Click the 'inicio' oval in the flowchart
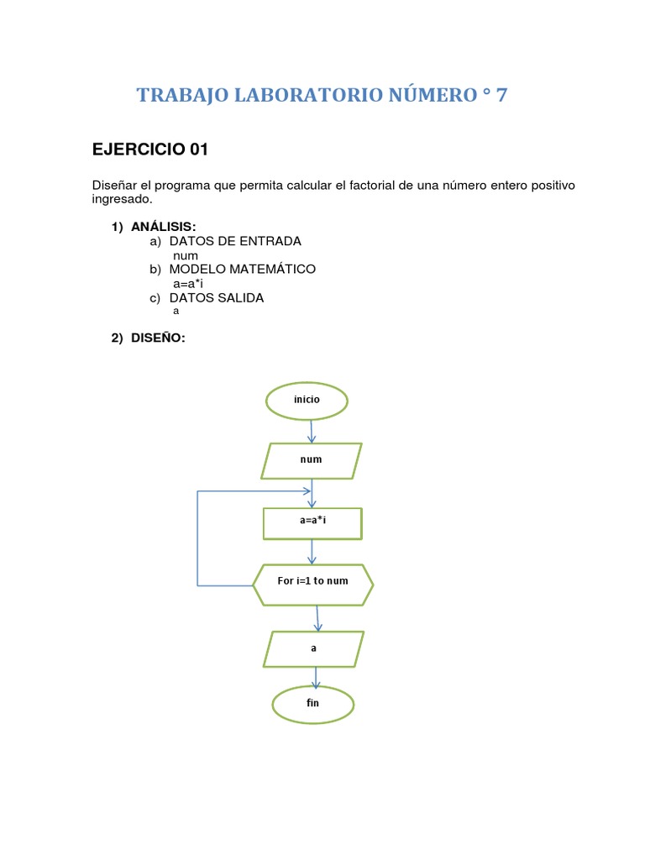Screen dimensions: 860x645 click(x=307, y=400)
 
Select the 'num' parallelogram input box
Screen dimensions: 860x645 click(x=312, y=460)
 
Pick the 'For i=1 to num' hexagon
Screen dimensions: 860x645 click(x=312, y=581)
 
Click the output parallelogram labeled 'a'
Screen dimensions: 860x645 click(x=314, y=648)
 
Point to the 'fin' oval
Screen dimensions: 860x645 click(x=313, y=703)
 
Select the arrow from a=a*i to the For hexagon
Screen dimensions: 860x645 click(x=312, y=551)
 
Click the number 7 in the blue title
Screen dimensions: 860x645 click(x=501, y=96)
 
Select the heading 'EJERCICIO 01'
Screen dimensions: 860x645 click(x=149, y=150)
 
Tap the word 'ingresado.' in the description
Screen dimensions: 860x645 click(x=123, y=200)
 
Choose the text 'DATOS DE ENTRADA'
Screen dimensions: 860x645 click(x=235, y=242)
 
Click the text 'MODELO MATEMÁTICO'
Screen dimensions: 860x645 click(x=242, y=270)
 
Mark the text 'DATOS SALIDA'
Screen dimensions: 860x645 click(x=217, y=298)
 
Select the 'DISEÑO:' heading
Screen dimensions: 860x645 click(x=157, y=338)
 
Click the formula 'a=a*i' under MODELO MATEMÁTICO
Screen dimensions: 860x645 click(x=188, y=284)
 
